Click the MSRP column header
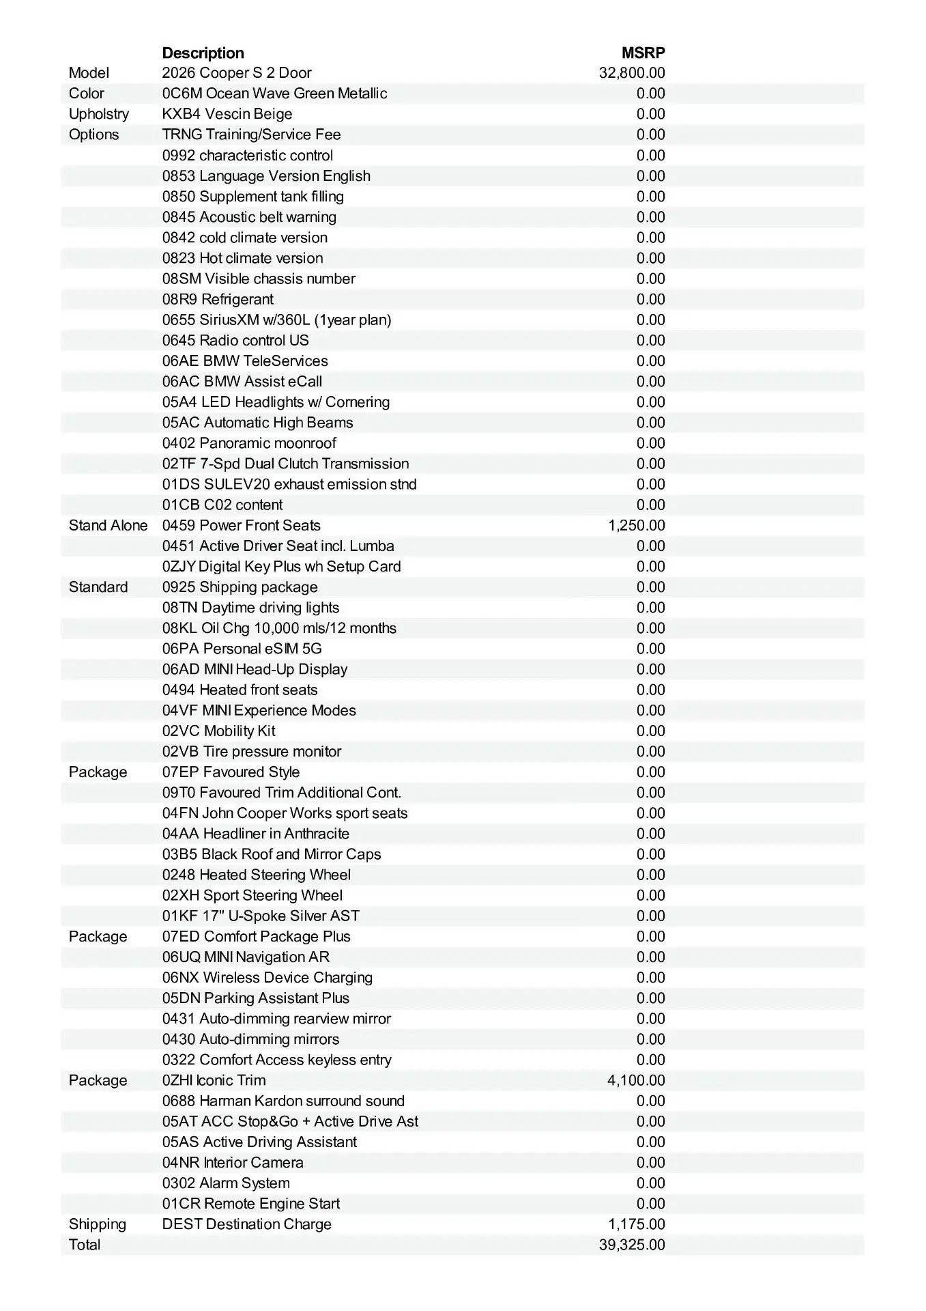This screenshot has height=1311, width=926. point(643,53)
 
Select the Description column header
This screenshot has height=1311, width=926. point(203,53)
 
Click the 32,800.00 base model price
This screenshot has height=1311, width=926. point(631,73)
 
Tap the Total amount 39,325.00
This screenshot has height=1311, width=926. point(631,1245)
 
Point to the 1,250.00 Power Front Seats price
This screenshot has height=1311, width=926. point(636,526)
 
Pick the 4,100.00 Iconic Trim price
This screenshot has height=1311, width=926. point(636,1080)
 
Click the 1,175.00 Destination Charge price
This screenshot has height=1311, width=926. point(636,1224)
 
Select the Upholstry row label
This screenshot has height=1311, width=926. point(98,114)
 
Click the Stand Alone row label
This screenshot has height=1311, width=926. point(108,526)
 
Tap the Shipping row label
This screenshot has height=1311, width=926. point(98,1224)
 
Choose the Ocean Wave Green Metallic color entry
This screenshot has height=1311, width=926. point(274,94)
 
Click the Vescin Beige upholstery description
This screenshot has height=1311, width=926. point(227,114)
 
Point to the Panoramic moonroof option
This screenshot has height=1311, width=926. point(249,443)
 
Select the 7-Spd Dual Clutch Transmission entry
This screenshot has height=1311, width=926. point(285,464)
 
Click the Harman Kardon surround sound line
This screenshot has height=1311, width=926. point(283,1101)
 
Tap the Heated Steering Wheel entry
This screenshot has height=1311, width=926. point(257,875)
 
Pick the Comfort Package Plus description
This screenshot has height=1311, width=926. point(256,936)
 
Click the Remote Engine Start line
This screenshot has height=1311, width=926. point(250,1204)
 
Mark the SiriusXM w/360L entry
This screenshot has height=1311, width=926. point(276,320)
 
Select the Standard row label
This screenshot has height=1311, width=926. point(98,587)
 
